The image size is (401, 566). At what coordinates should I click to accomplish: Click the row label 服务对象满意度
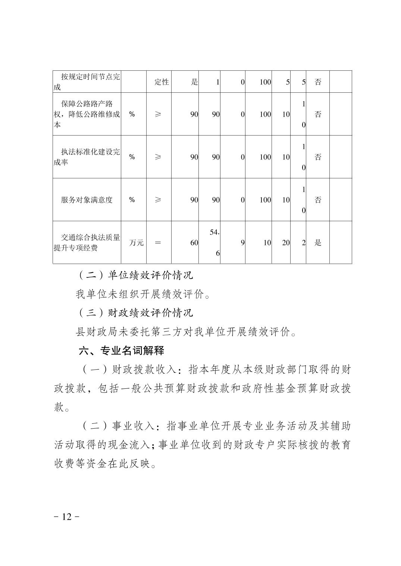87,200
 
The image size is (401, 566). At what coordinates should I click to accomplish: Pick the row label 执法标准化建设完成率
87,157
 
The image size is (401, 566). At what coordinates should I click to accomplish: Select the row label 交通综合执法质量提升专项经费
87,242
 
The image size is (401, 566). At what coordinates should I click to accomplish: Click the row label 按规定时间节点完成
87,82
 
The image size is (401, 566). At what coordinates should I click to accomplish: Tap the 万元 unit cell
136,243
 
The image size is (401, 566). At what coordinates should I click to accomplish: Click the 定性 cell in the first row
162,82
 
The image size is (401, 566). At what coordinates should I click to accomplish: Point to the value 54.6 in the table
214,242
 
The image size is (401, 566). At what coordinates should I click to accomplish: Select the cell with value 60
194,243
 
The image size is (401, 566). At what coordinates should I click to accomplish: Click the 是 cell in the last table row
318,243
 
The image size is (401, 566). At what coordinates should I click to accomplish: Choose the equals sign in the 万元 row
158,243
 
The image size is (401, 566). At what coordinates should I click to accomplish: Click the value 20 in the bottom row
286,243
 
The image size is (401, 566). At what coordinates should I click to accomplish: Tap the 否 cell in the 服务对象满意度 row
318,200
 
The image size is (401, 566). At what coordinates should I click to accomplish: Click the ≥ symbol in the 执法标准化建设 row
158,157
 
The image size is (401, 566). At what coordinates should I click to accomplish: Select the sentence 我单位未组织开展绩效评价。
143,295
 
